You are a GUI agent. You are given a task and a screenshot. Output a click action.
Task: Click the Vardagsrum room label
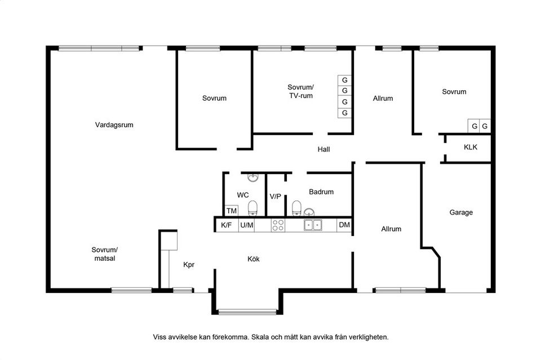(114, 125)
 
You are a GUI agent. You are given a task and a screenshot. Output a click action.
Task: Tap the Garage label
(461, 212)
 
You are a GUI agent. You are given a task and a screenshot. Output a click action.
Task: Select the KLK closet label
(471, 147)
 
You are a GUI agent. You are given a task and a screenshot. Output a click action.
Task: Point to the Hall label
(323, 149)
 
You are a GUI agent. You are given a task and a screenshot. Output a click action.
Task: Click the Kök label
(254, 259)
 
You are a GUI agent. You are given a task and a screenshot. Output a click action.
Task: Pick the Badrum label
(321, 192)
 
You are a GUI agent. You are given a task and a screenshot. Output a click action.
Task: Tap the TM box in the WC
(232, 211)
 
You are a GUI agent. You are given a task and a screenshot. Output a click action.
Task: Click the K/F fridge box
(227, 225)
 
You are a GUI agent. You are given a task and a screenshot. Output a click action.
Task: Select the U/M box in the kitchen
(247, 225)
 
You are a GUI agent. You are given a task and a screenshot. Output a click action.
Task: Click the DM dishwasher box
(344, 225)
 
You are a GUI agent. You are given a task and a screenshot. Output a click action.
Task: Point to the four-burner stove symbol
(278, 225)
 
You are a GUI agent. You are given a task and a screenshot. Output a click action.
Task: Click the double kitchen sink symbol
(313, 225)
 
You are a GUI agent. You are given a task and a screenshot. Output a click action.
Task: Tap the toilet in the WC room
(253, 208)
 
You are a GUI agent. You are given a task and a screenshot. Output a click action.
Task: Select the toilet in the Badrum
(297, 208)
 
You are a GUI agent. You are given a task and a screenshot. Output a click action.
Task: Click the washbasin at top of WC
(253, 177)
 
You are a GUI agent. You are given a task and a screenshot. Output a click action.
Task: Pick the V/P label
(276, 197)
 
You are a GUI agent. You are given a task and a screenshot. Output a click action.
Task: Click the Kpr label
(189, 265)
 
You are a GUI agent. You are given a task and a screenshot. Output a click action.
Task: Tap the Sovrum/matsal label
(105, 254)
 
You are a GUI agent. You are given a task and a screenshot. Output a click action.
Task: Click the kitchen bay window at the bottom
(247, 312)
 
